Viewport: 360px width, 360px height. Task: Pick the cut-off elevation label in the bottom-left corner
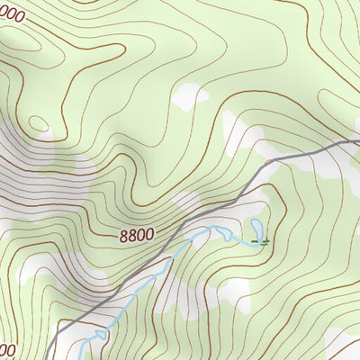tap(7, 349)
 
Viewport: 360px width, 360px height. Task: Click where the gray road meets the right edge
tap(357, 140)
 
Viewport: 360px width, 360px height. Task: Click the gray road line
tap(225, 193)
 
